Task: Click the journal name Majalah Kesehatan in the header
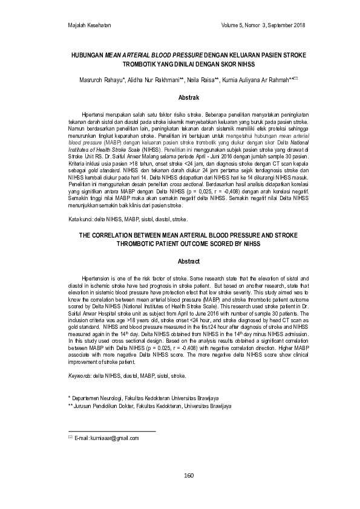pyautogui.click(x=90, y=25)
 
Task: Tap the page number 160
pyautogui.click(x=188, y=475)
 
